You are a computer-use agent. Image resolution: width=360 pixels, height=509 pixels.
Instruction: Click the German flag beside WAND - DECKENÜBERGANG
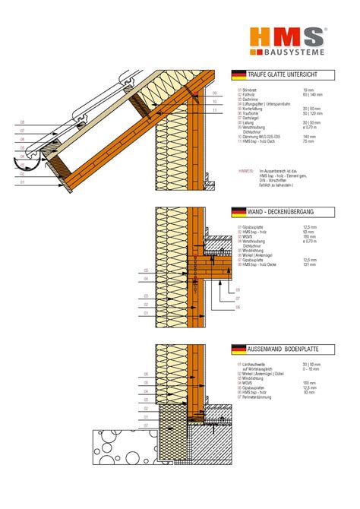(x=238, y=212)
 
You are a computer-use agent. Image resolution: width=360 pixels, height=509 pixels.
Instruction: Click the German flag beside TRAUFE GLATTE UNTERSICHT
(x=238, y=74)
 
